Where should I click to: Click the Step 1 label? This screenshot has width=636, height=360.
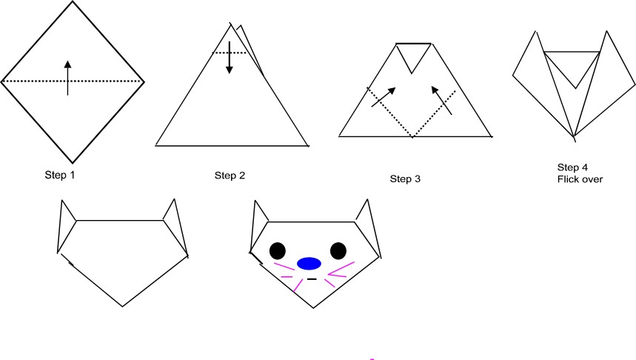(60, 175)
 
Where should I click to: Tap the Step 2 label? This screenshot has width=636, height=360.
(230, 176)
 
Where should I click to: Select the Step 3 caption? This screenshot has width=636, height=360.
(405, 179)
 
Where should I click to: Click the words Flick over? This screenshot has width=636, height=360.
(580, 179)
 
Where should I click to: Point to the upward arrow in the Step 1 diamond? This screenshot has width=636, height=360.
(67, 78)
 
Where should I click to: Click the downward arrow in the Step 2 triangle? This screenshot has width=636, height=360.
(230, 57)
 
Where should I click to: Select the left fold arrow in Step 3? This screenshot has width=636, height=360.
(384, 97)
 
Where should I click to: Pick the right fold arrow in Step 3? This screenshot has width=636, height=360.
(442, 100)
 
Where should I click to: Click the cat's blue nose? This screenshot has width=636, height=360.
(309, 264)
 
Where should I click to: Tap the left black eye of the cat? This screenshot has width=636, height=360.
(278, 251)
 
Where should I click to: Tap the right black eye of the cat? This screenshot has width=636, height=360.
(338, 251)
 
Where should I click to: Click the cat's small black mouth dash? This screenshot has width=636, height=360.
(312, 279)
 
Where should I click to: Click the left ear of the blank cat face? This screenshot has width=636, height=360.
(65, 226)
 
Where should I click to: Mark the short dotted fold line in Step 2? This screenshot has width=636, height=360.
(230, 53)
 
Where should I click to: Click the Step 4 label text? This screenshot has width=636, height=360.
(572, 167)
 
